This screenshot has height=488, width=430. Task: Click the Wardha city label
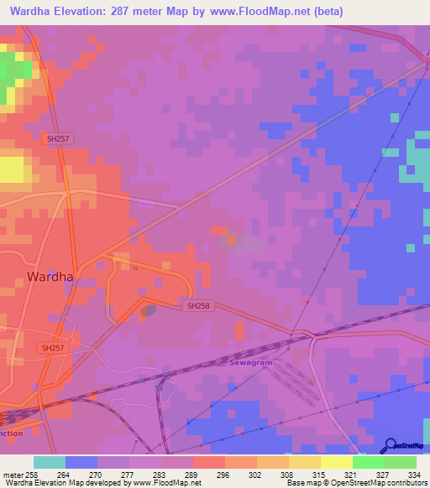(50, 276)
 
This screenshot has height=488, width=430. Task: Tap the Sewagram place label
(252, 362)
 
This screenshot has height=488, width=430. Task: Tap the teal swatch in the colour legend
(50, 462)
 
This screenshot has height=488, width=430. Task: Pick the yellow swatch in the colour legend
(336, 462)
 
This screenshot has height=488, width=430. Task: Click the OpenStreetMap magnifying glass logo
(389, 444)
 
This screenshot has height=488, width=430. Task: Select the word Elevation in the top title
(89, 11)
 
